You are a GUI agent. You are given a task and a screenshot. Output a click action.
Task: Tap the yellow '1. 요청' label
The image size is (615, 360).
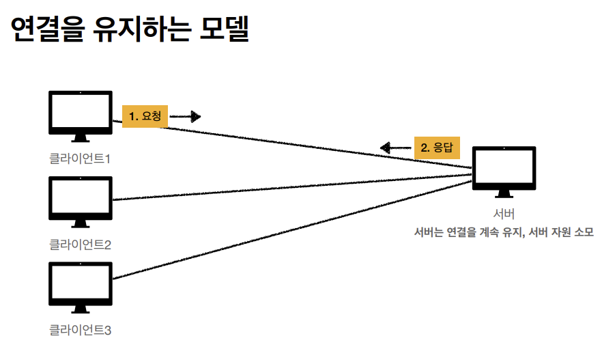[145, 117]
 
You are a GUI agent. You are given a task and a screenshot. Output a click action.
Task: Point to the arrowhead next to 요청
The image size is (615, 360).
[195, 117]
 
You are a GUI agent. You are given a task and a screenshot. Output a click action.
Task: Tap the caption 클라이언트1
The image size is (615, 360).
[80, 159]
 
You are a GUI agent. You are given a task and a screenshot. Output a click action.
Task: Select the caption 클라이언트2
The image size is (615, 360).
[80, 244]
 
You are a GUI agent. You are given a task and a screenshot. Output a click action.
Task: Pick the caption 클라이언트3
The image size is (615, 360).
[80, 331]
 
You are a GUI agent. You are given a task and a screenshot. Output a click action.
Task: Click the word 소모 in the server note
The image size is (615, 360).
[584, 232]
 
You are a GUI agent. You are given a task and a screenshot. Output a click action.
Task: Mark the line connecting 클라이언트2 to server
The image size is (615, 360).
[294, 188]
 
